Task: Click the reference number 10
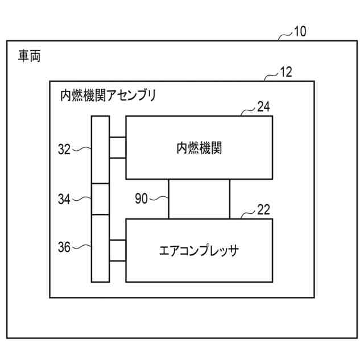[x=300, y=32]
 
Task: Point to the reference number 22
[x=263, y=210]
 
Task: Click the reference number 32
[x=64, y=150]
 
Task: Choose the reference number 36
[x=64, y=247]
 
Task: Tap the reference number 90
[x=142, y=198]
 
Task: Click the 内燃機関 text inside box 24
[x=198, y=148]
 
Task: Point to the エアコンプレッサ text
[x=198, y=250]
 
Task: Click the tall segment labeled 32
[x=100, y=150]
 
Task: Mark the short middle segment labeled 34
[x=100, y=199]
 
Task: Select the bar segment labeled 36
[x=100, y=248]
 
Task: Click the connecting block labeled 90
[x=199, y=199]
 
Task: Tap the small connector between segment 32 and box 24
[x=117, y=148]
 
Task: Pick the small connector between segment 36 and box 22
[x=117, y=250]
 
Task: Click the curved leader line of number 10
[x=284, y=36]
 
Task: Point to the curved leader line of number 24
[x=247, y=111]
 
